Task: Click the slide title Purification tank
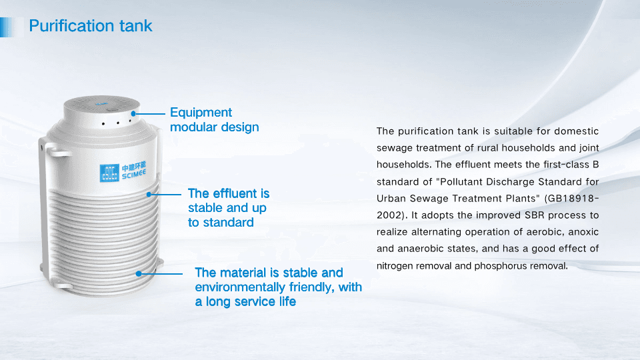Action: [x=91, y=26]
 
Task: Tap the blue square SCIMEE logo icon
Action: [x=109, y=172]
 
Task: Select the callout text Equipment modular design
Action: [x=214, y=119]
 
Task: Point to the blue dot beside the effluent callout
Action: [x=149, y=194]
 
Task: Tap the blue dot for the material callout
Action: [x=139, y=273]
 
